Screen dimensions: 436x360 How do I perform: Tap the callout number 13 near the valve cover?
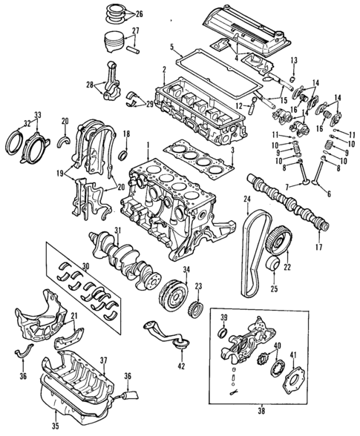tap(293, 59)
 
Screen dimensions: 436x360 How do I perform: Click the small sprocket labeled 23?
tap(197, 308)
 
